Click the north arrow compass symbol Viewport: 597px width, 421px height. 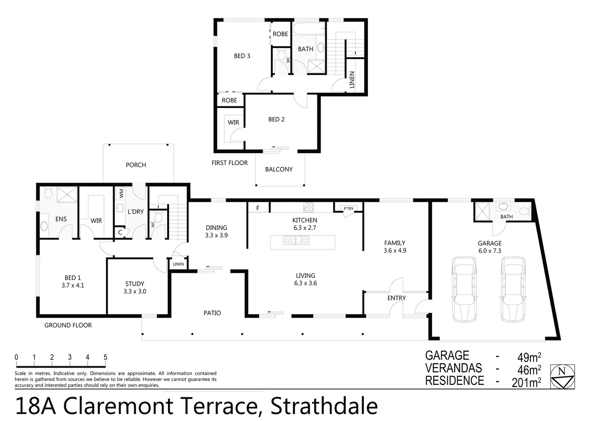[562, 376]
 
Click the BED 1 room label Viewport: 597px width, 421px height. [73, 278]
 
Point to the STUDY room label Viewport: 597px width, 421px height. [135, 284]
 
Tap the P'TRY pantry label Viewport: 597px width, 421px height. [349, 209]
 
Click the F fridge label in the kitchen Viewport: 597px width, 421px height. [258, 208]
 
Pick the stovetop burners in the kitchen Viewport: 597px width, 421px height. [309, 207]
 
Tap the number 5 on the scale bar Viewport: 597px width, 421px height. [105, 357]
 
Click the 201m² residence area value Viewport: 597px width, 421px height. [526, 382]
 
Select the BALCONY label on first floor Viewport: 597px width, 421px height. [279, 169]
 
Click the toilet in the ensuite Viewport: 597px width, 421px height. [48, 193]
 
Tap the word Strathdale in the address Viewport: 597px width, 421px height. [324, 406]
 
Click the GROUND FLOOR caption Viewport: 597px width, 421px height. [68, 325]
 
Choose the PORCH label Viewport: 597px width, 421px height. [136, 165]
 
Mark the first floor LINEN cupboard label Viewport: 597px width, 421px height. [352, 80]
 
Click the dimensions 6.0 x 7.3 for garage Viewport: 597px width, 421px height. [490, 251]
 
